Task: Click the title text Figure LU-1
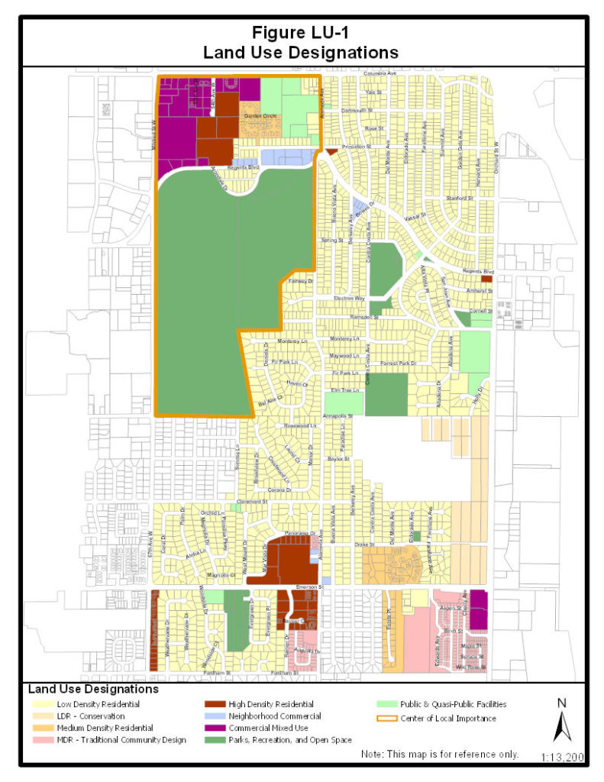point(301,34)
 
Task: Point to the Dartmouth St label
point(357,111)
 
